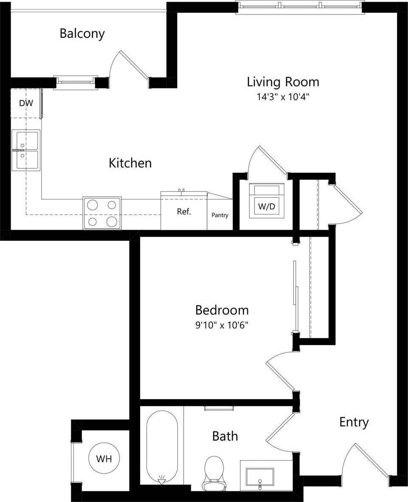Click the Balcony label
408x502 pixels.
(x=82, y=34)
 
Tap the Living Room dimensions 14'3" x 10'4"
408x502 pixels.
(x=283, y=97)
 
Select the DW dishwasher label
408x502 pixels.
(x=26, y=103)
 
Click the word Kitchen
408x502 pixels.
(x=130, y=163)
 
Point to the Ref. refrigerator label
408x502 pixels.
(x=184, y=211)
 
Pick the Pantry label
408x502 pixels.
(x=220, y=215)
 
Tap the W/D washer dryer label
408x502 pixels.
(x=266, y=207)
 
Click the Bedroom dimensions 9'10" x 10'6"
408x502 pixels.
(x=221, y=325)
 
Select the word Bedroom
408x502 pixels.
(x=221, y=310)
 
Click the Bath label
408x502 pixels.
(x=225, y=436)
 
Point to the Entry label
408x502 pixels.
(x=354, y=422)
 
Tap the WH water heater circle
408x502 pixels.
(x=104, y=459)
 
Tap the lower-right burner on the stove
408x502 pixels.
(x=112, y=221)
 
